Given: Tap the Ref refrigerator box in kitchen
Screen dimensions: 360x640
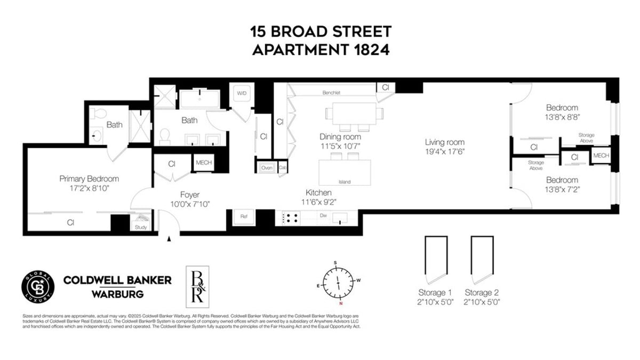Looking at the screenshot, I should pyautogui.click(x=244, y=217).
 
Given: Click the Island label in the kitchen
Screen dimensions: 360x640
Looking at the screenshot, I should pyautogui.click(x=345, y=182).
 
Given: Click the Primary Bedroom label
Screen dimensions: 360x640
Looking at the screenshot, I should pyautogui.click(x=89, y=179).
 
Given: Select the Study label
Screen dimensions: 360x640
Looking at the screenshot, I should pyautogui.click(x=141, y=227).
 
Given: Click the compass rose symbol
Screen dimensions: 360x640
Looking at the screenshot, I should pyautogui.click(x=338, y=282).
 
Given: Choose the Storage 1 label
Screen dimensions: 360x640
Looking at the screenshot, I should pyautogui.click(x=435, y=292).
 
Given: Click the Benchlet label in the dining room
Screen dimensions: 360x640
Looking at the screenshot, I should pyautogui.click(x=331, y=93).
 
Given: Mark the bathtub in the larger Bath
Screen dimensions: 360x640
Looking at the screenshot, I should pyautogui.click(x=198, y=99).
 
